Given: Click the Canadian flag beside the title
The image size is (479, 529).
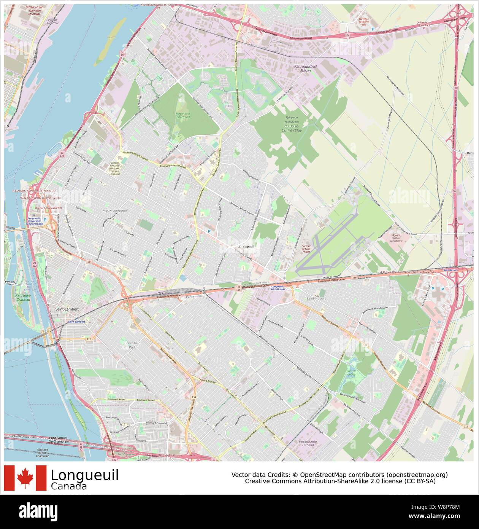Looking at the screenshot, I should [x=25, y=478].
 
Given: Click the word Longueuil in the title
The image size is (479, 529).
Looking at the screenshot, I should [x=84, y=475].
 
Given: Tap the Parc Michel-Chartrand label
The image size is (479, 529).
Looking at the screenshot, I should [x=182, y=115].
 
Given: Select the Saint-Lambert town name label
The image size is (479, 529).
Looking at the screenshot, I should [x=67, y=309].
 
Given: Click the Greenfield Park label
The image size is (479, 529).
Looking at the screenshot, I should [x=130, y=345].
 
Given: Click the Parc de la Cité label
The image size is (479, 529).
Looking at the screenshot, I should [x=351, y=373].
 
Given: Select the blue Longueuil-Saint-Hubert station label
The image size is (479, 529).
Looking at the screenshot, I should [x=278, y=288].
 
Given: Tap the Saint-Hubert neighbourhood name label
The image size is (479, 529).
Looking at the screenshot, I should [x=316, y=298].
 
